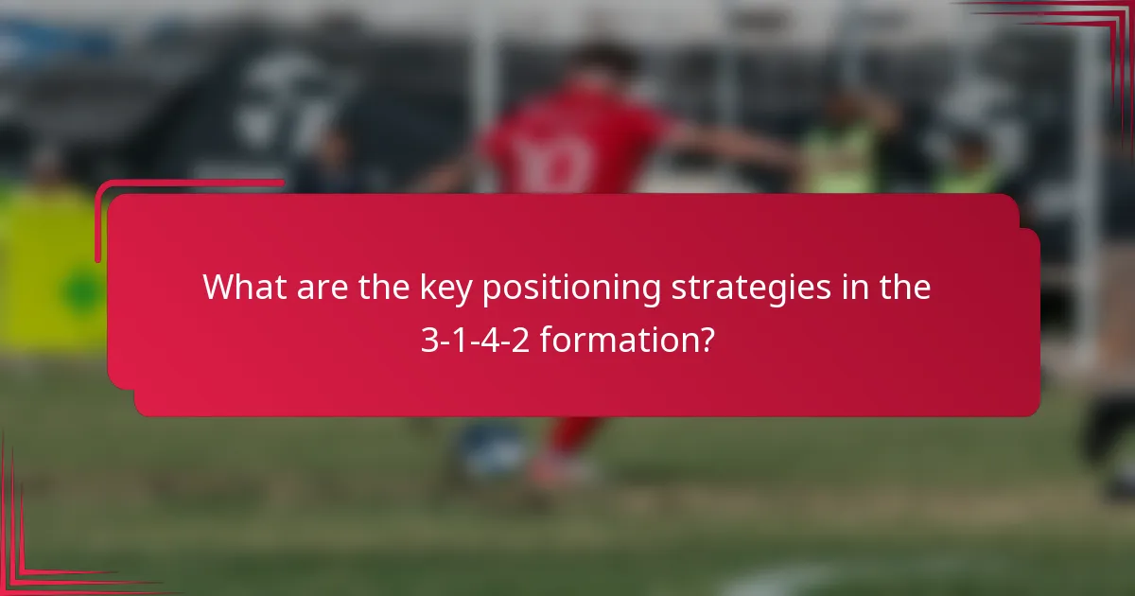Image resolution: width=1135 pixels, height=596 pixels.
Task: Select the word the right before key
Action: tap(384, 288)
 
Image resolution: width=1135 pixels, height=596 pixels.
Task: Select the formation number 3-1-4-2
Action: tap(476, 340)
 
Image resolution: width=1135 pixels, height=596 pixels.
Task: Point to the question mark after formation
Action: tap(706, 340)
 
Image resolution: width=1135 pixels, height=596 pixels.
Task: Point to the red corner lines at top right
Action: tap(1088, 28)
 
